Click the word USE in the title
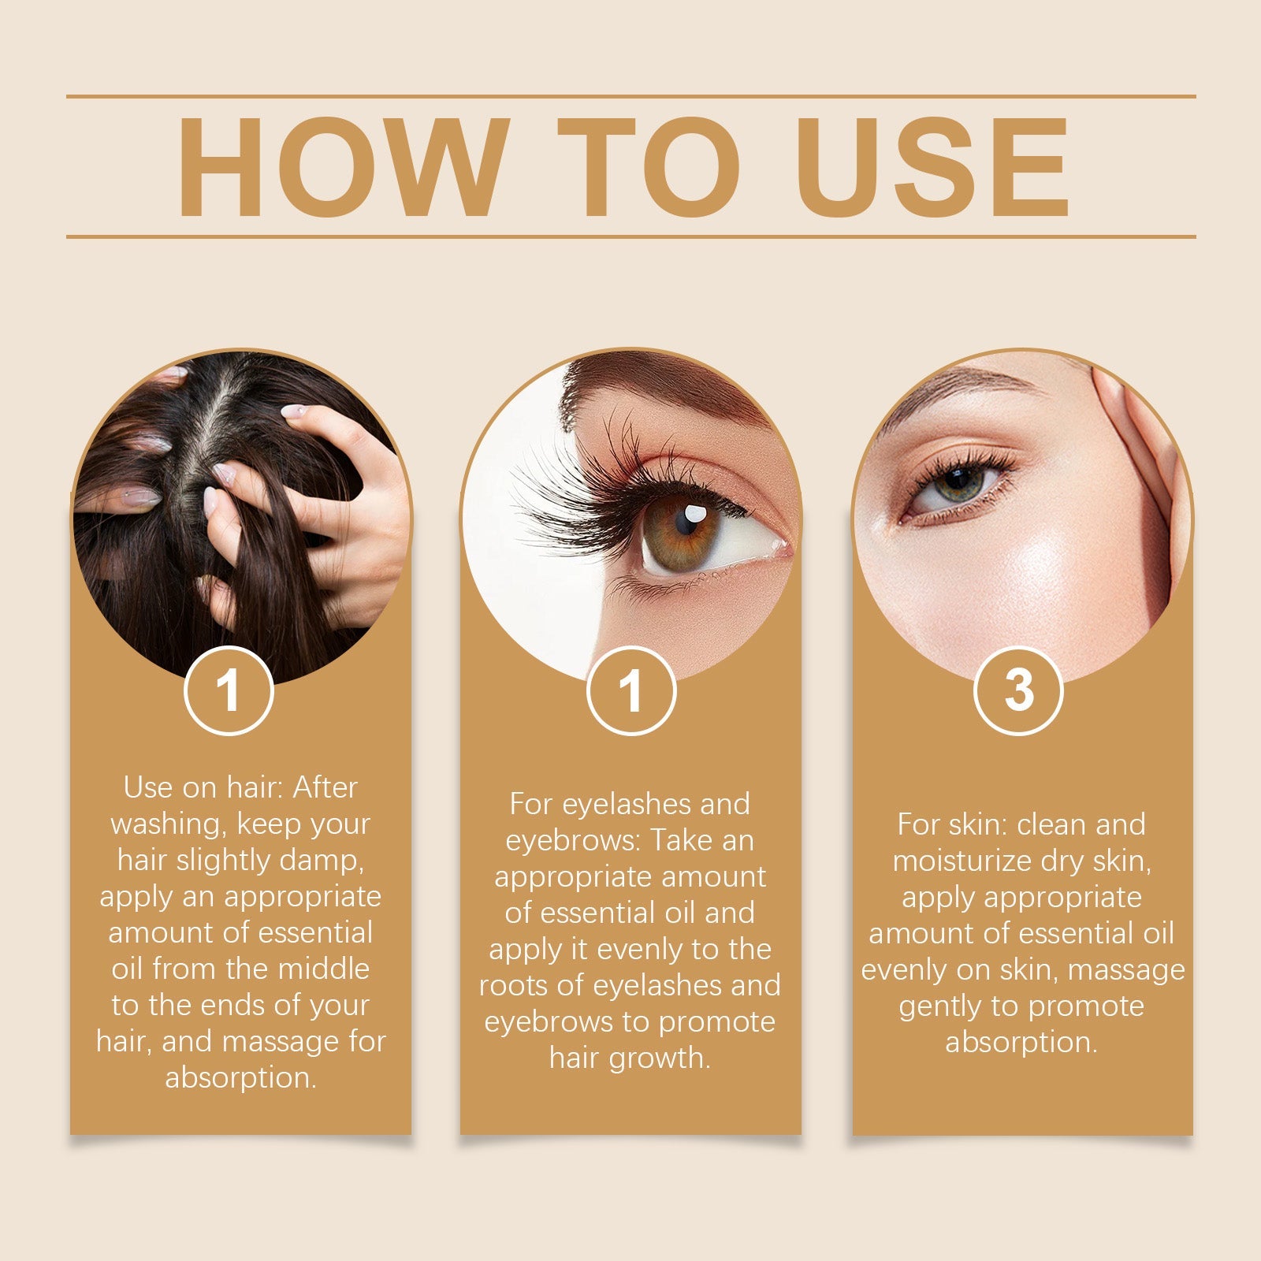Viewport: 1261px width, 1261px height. (932, 167)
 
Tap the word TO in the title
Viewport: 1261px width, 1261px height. (648, 167)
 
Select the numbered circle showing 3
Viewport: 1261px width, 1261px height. (1018, 690)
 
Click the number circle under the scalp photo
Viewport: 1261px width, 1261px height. (229, 690)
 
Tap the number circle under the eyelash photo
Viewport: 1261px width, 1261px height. (631, 690)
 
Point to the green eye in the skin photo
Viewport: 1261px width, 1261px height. (957, 482)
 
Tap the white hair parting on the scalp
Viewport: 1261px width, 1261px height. (206, 441)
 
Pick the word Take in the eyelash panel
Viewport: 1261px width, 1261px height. (680, 841)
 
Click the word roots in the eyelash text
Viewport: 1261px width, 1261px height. (526, 986)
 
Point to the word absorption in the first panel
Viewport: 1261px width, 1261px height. (240, 1077)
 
